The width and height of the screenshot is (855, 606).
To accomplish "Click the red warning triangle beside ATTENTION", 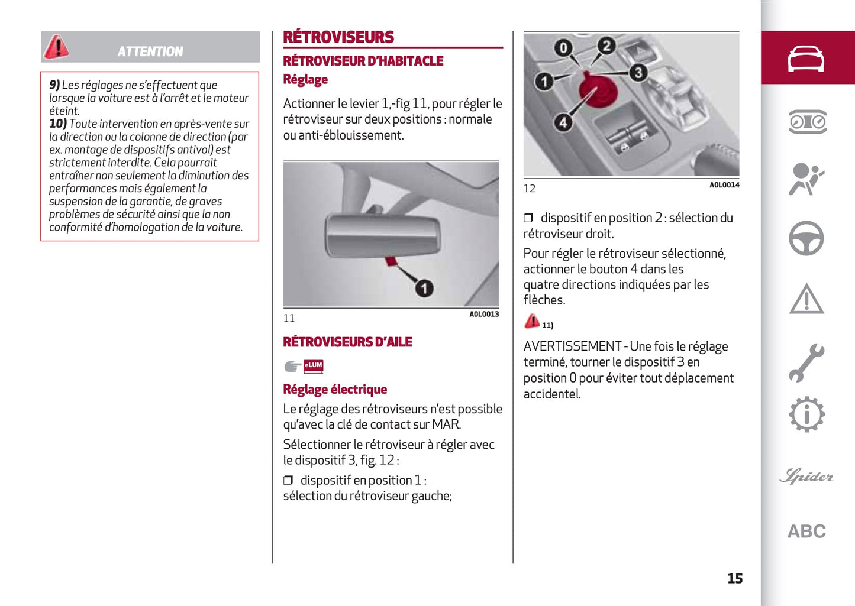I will pyautogui.click(x=57, y=47).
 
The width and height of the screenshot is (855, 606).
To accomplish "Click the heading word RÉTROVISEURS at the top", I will pyautogui.click(x=338, y=37).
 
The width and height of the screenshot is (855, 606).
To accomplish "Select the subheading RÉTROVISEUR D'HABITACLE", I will pyautogui.click(x=363, y=61).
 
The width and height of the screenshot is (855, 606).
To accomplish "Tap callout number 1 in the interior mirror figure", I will pyautogui.click(x=424, y=288).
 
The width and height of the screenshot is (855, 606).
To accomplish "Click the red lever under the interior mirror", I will pyautogui.click(x=392, y=260).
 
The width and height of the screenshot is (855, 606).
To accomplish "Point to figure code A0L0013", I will pyautogui.click(x=484, y=314).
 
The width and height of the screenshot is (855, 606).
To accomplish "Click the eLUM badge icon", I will pyautogui.click(x=313, y=366).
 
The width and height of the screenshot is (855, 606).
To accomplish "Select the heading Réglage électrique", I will pyautogui.click(x=335, y=389).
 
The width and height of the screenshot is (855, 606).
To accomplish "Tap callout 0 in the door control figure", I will pyautogui.click(x=563, y=48).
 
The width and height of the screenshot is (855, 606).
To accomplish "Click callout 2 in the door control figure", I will pyautogui.click(x=606, y=46).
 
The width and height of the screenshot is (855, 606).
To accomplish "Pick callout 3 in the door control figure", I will pyautogui.click(x=637, y=73).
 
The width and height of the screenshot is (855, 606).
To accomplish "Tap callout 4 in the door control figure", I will pyautogui.click(x=563, y=122).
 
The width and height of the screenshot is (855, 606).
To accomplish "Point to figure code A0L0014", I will pyautogui.click(x=724, y=185).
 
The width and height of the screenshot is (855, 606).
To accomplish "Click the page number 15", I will pyautogui.click(x=735, y=578).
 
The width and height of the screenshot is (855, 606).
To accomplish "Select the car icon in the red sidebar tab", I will pyautogui.click(x=806, y=59).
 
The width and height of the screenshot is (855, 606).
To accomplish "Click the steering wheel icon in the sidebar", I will pyautogui.click(x=806, y=238).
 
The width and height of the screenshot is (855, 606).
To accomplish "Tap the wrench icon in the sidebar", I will pyautogui.click(x=806, y=362).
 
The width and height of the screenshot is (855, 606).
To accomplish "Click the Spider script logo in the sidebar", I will pyautogui.click(x=806, y=476).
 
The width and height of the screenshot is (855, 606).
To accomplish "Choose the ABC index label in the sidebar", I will pyautogui.click(x=806, y=531).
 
